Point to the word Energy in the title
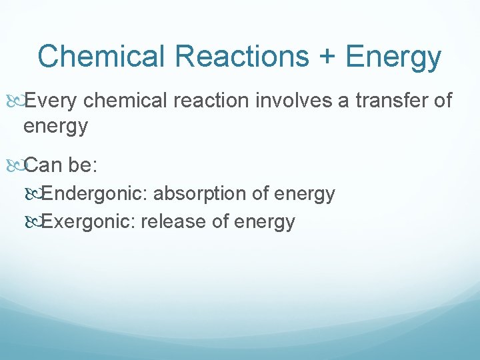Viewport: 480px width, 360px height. [393, 58]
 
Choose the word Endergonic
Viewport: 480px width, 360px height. [99, 194]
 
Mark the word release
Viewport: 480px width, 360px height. [175, 221]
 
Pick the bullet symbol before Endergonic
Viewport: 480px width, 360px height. [36, 195]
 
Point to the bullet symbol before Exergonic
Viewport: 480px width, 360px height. [36, 221]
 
